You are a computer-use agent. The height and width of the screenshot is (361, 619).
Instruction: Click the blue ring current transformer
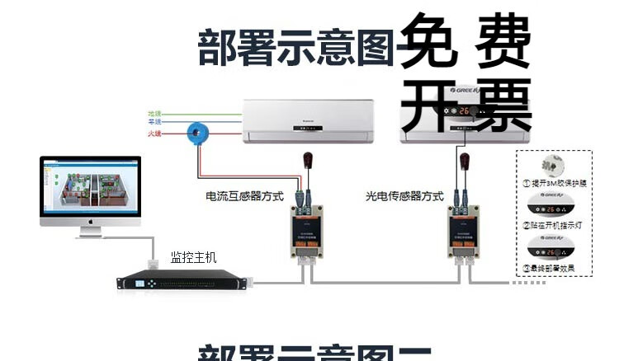(x=198, y=131)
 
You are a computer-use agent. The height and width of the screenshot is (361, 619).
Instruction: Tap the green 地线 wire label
(x=154, y=113)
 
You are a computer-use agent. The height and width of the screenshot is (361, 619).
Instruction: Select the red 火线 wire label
(x=154, y=133)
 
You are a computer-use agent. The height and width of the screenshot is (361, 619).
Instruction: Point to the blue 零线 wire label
(x=154, y=123)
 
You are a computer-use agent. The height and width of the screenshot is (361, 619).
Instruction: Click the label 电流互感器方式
(x=244, y=196)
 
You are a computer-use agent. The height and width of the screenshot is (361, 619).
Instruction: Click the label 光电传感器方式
(x=404, y=196)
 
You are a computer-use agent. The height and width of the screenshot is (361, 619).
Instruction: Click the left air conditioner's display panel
(x=309, y=129)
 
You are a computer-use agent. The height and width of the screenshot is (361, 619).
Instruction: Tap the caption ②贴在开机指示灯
(x=555, y=224)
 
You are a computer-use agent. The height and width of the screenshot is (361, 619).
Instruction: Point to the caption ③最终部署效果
(x=555, y=269)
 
